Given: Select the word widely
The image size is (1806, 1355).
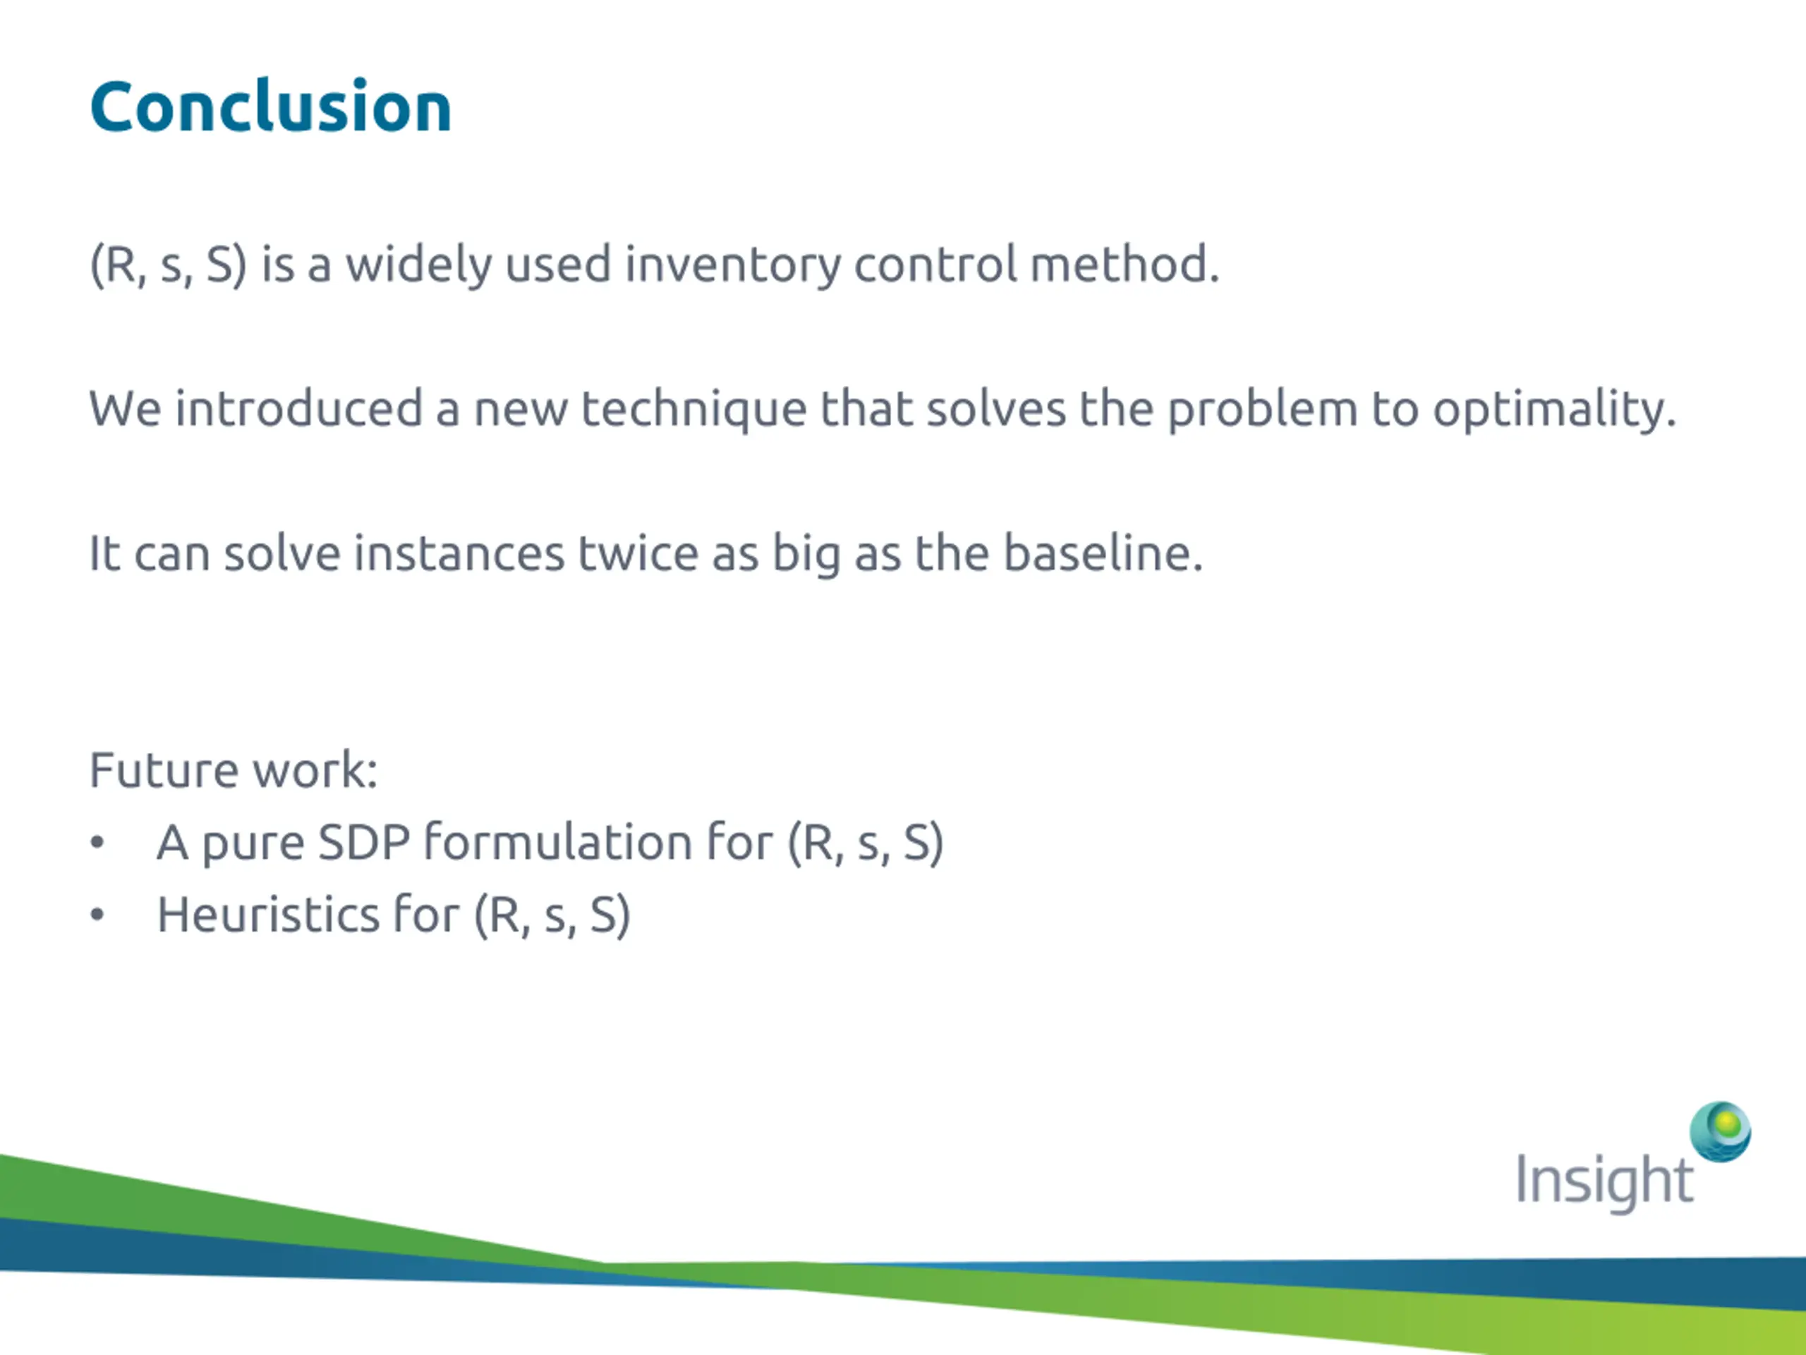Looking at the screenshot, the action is tap(418, 265).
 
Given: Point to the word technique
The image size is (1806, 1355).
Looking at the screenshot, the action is tap(694, 409).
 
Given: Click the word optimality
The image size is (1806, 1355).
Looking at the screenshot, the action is tap(1555, 409).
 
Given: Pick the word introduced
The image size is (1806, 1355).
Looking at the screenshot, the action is tap(299, 408).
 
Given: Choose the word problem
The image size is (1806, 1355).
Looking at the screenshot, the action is tap(1262, 409).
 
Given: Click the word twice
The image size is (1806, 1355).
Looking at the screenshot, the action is tap(638, 553).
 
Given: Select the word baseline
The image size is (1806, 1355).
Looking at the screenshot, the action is tap(1103, 553).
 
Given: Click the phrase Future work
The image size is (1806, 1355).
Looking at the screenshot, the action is tap(234, 769).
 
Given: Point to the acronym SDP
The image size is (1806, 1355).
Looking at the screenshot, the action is tap(364, 842).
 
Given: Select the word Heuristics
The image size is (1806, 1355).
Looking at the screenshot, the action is tap(268, 914).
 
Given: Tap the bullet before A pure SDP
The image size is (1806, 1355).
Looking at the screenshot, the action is tap(97, 843).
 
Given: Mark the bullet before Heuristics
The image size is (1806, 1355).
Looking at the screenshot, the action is tap(97, 915).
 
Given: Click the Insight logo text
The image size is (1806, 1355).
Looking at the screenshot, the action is tap(1604, 1181).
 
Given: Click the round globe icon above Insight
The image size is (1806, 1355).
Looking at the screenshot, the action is tap(1719, 1132).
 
